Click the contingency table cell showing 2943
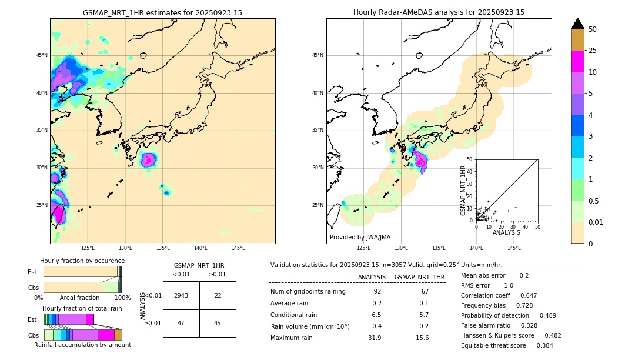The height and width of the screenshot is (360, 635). pyautogui.click(x=181, y=295)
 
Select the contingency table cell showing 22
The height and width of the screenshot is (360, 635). pyautogui.click(x=218, y=295)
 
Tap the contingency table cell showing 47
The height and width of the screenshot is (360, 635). pyautogui.click(x=181, y=323)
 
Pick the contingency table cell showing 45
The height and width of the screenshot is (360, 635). pyautogui.click(x=218, y=323)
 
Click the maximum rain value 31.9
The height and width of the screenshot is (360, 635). pyautogui.click(x=374, y=338)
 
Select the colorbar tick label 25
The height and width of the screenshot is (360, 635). pyautogui.click(x=593, y=51)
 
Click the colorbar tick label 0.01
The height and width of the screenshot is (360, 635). pyautogui.click(x=596, y=222)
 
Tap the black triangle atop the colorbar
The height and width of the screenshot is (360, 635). pyautogui.click(x=578, y=24)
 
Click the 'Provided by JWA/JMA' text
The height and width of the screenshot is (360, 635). pyautogui.click(x=360, y=238)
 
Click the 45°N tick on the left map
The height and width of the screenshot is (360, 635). pyautogui.click(x=42, y=55)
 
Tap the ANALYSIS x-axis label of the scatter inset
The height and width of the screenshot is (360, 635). pyautogui.click(x=506, y=232)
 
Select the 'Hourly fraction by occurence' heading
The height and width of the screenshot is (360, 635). pyautogui.click(x=82, y=261)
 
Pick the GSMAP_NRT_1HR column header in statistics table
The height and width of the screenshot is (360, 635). pyautogui.click(x=419, y=277)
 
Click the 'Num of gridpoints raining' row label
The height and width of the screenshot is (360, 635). pyautogui.click(x=308, y=292)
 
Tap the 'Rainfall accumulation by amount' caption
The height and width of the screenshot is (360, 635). pyautogui.click(x=82, y=345)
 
